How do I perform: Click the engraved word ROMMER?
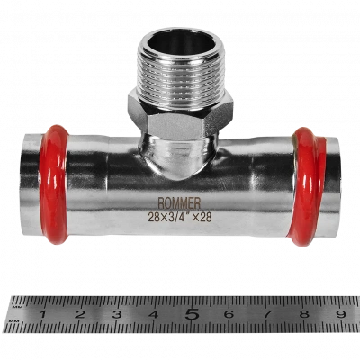tap(179, 203)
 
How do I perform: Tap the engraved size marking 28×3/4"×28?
tap(180, 217)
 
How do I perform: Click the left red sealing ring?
tap(54, 184)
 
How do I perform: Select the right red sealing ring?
tap(309, 186)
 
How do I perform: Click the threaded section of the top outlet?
tap(181, 79)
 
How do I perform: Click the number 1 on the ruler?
tap(42, 314)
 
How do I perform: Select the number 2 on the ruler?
tap(79, 314)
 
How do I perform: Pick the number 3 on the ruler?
tap(117, 314)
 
